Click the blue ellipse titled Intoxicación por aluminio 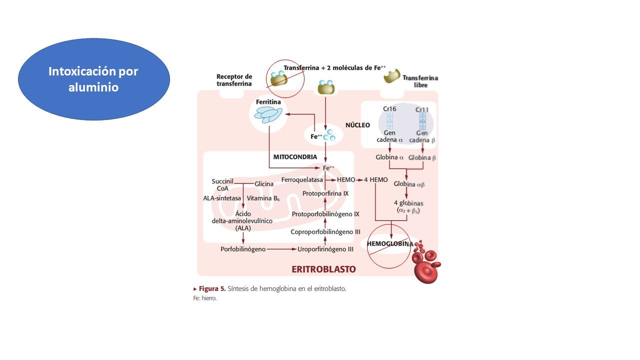tap(94, 79)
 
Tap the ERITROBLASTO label tap(323, 269)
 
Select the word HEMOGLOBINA tap(390, 243)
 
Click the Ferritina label tap(268, 102)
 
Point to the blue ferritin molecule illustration tap(268, 115)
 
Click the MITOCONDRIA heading tap(295, 157)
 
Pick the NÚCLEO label tap(357, 125)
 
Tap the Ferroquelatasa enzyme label tap(302, 179)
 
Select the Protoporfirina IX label tap(325, 193)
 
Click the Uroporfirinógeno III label tap(325, 249)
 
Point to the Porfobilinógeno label tap(243, 249)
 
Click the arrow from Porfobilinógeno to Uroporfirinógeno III tap(281, 249)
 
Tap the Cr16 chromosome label tap(389, 109)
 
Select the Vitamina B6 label tap(263, 198)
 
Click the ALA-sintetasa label tap(222, 198)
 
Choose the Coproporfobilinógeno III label tap(325, 231)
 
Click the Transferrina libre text tap(420, 81)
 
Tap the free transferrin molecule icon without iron tap(391, 75)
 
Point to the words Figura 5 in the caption tap(212, 288)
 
